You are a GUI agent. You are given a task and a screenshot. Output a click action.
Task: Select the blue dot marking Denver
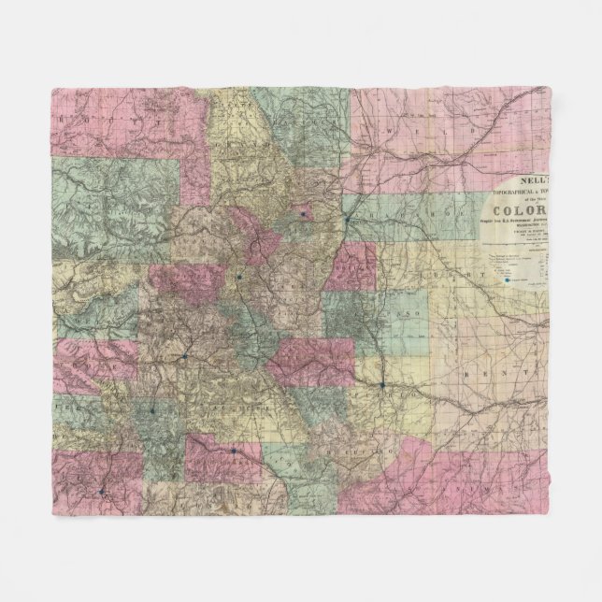[347, 219]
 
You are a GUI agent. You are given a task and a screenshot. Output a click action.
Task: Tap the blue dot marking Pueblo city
[382, 384]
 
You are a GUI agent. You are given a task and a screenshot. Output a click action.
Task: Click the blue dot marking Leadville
[239, 277]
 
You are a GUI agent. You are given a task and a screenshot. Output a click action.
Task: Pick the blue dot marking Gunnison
[185, 355]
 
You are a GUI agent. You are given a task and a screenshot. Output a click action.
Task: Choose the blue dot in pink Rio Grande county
[232, 451]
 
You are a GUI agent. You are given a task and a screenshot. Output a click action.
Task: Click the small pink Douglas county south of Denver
[351, 264]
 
